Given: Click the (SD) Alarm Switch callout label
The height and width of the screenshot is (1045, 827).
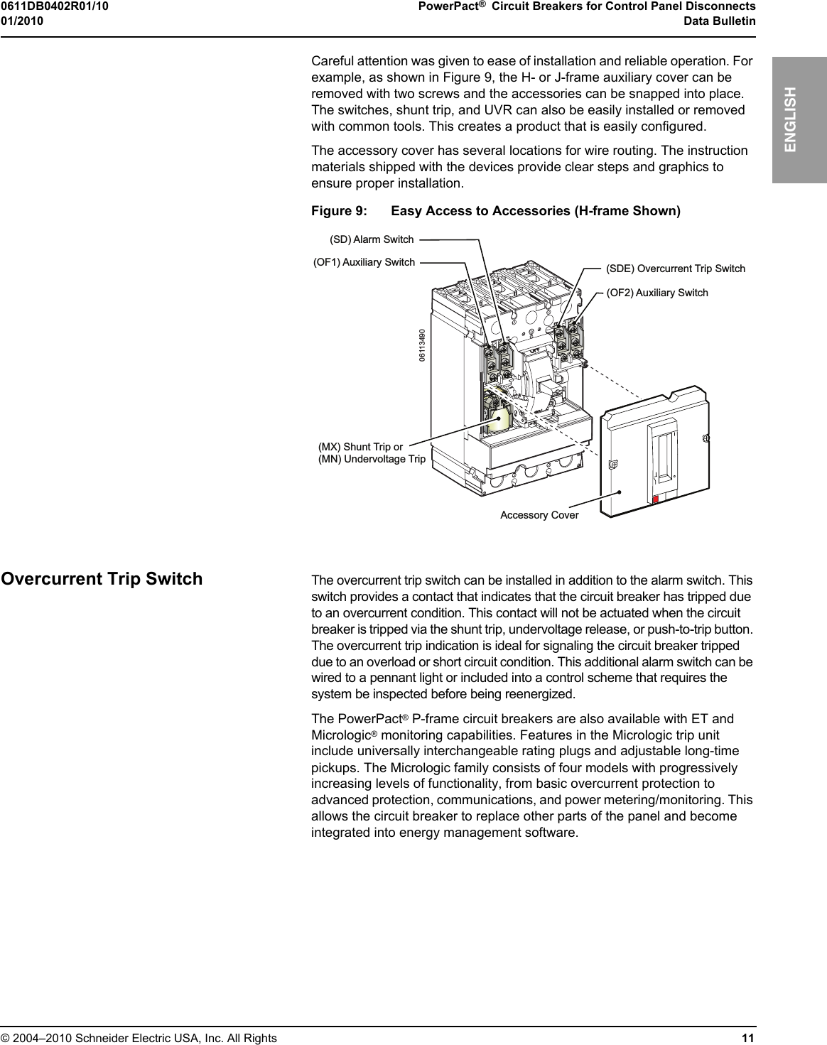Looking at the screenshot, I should (372, 239).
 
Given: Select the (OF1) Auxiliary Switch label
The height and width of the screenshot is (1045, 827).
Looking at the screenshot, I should (364, 262).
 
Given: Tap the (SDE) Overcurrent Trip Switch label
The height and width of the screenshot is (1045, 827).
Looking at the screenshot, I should (675, 269).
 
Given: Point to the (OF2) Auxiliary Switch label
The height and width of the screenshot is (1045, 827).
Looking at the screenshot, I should (656, 293).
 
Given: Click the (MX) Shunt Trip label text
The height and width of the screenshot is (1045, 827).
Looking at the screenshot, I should (360, 447).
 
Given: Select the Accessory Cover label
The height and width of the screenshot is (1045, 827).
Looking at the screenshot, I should (539, 515).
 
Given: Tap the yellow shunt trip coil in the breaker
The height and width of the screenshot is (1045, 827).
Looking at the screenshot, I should (500, 418).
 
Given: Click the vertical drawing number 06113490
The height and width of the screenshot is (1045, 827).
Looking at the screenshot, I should (422, 345).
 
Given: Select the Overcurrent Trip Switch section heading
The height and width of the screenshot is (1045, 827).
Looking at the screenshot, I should (102, 579).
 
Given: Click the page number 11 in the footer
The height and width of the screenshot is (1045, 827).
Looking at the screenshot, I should (747, 1038).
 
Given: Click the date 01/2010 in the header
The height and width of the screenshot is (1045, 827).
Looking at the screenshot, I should (22, 21).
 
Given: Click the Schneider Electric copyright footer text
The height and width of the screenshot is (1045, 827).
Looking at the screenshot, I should (139, 1038).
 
